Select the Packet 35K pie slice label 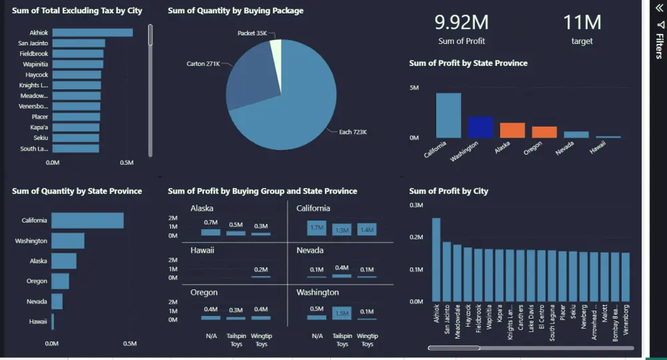click(x=252, y=33)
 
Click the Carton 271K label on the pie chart click(x=203, y=64)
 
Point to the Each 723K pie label click(x=353, y=132)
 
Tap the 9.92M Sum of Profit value click(x=462, y=23)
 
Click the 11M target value click(x=582, y=23)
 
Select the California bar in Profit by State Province click(x=448, y=115)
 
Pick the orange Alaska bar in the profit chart click(x=512, y=130)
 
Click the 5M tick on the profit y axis click(x=414, y=88)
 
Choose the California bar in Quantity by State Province click(x=87, y=220)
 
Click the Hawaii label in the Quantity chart click(x=38, y=322)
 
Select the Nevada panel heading click(x=309, y=251)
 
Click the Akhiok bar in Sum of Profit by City click(x=436, y=259)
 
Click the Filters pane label click(x=659, y=47)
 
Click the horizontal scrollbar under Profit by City click(x=454, y=347)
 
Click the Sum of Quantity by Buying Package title click(x=235, y=11)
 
